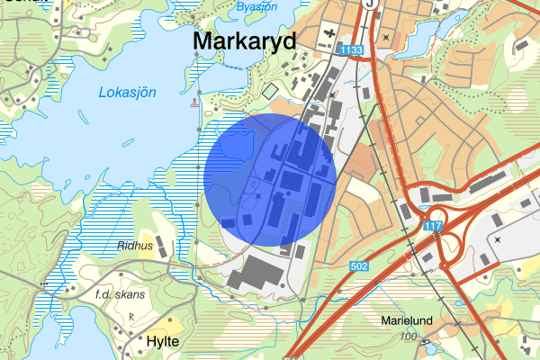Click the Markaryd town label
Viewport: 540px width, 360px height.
point(245,42)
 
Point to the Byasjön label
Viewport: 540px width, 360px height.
point(256,7)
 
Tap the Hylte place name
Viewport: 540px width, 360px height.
point(162,342)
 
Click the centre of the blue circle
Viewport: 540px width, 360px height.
point(270,180)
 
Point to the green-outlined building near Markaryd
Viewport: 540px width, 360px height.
point(270,91)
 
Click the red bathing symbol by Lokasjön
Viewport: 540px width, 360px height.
point(194,105)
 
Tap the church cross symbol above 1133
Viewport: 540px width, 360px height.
point(387,37)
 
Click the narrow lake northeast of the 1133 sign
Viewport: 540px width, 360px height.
point(423,36)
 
